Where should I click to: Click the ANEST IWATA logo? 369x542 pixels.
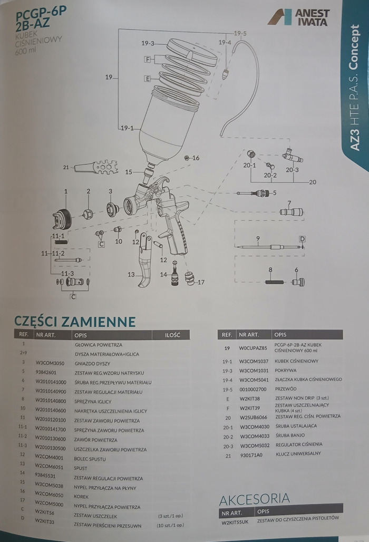click(x=298, y=17)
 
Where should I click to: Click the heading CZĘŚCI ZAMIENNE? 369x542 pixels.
click(x=75, y=321)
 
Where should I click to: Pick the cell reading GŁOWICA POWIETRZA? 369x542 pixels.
click(x=99, y=344)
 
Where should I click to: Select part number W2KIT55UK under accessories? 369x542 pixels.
click(x=236, y=522)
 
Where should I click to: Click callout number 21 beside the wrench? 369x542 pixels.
click(x=65, y=168)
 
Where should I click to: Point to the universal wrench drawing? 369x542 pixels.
click(x=89, y=168)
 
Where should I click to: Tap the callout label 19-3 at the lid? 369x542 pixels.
click(x=148, y=43)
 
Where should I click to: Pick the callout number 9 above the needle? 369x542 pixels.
click(x=258, y=238)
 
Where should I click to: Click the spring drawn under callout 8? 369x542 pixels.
click(x=275, y=282)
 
